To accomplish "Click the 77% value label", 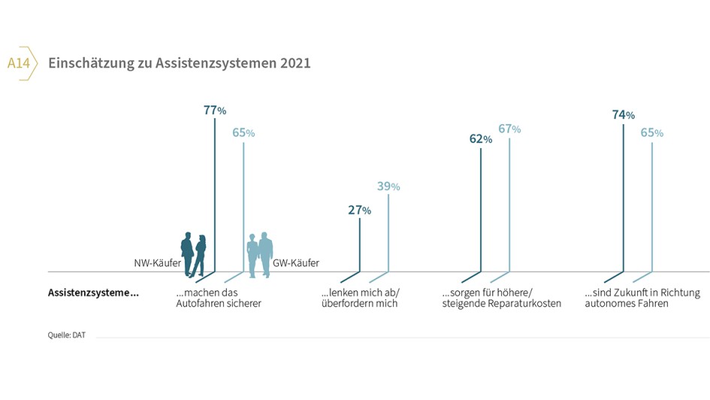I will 215,111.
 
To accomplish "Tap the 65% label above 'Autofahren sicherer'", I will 243,133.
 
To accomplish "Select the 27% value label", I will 359,211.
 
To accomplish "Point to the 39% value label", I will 388,186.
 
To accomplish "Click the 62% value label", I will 481,139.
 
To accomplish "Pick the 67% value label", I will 509,129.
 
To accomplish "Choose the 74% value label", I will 623,115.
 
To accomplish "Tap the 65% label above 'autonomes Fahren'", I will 651,133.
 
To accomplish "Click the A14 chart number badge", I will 19,64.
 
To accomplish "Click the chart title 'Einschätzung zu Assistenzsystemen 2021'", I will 179,64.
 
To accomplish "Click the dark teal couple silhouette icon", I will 194,254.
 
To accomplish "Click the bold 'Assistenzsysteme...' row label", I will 93,292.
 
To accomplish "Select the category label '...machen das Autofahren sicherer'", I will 218,298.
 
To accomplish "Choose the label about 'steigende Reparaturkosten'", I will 501,298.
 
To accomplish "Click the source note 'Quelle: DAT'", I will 67,335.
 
